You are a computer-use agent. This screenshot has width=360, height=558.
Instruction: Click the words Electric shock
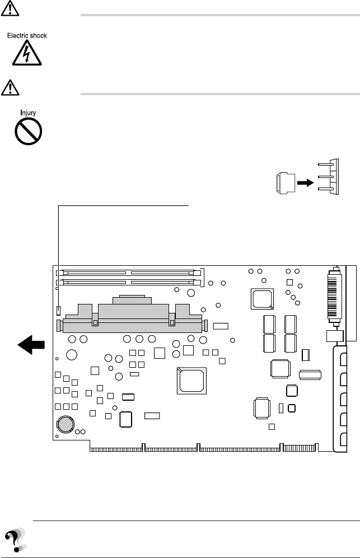click(27, 36)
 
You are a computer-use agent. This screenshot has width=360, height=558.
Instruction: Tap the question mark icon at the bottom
click(15, 541)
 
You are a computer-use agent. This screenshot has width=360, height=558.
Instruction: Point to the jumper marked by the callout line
click(59, 310)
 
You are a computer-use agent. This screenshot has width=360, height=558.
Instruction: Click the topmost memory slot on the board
click(128, 273)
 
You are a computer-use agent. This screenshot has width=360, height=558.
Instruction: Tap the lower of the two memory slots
click(128, 282)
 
